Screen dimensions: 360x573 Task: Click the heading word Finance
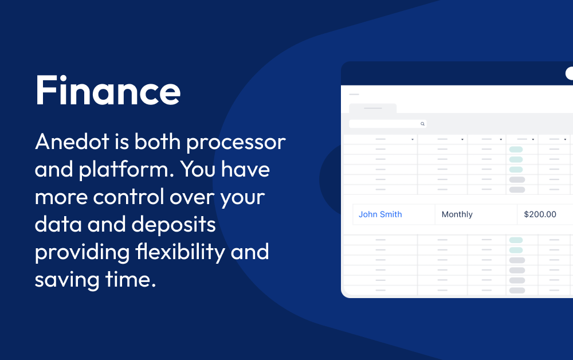(108, 91)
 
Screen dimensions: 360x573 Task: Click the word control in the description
(129, 197)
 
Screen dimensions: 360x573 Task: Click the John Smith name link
(380, 214)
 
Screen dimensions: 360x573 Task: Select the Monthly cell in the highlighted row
(457, 214)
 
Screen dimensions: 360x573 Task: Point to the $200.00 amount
(540, 214)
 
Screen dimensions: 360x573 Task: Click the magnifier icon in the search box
(422, 124)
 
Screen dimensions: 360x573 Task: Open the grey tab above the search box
(372, 108)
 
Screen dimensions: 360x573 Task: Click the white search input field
(384, 124)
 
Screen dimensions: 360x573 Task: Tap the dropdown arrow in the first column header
(413, 139)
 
